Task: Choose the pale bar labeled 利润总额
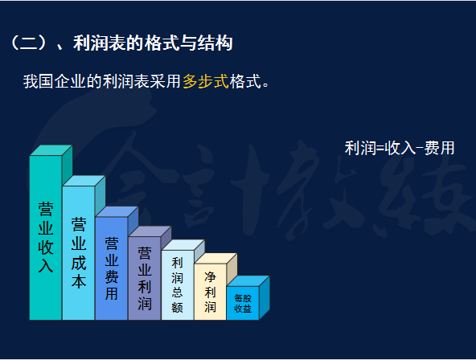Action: coord(178,285)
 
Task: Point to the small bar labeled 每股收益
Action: coord(243,303)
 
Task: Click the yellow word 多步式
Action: coord(206,81)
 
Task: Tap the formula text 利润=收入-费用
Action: coord(400,148)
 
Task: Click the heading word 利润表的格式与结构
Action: coord(153,43)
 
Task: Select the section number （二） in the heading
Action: coord(30,43)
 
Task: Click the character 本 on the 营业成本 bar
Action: coord(79,282)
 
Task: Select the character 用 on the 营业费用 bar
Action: coord(112,293)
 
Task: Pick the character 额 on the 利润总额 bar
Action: coord(178,308)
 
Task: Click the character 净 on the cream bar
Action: coord(210,276)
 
